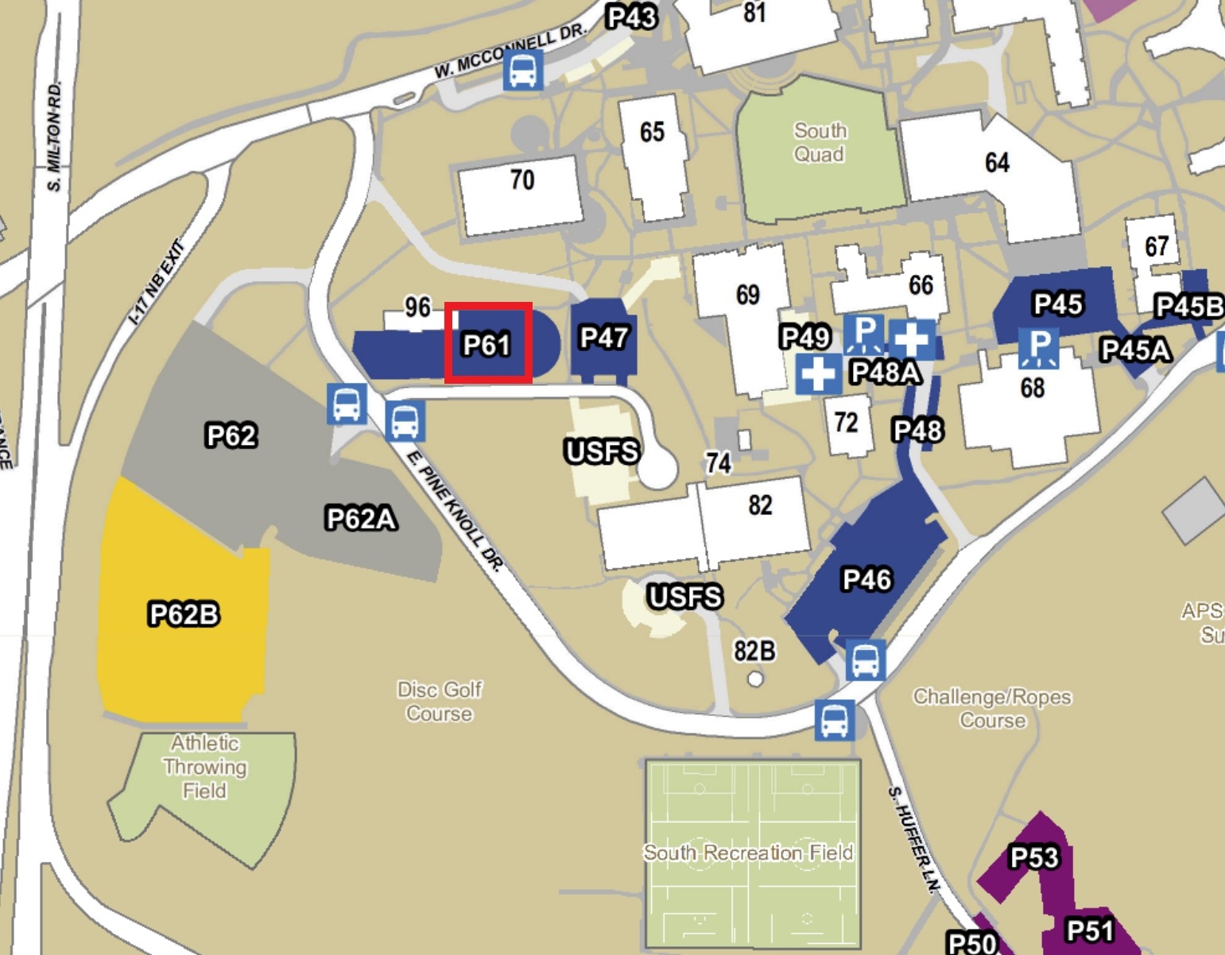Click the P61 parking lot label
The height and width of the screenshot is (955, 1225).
click(487, 344)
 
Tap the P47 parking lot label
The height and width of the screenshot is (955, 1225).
click(604, 338)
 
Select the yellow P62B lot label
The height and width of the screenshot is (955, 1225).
click(184, 614)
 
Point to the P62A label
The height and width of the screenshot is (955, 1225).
click(361, 519)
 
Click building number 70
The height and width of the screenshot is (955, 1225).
click(522, 180)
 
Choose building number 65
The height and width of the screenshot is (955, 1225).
click(652, 132)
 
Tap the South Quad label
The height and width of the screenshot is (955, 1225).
click(820, 142)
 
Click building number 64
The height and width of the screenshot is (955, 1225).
click(997, 163)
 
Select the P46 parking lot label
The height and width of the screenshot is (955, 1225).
click(866, 579)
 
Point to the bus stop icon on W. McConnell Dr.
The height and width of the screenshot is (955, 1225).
click(523, 70)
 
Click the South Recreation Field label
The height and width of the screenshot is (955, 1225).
click(748, 853)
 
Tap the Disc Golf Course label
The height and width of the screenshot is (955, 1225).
click(440, 702)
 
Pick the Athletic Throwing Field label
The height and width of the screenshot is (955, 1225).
click(205, 767)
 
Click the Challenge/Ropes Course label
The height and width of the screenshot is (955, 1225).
click(992, 709)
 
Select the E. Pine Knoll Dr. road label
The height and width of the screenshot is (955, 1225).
click(455, 511)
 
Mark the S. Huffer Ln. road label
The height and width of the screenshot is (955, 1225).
click(911, 839)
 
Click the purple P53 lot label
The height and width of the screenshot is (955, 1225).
click(1033, 857)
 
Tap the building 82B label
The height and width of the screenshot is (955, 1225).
click(754, 651)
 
